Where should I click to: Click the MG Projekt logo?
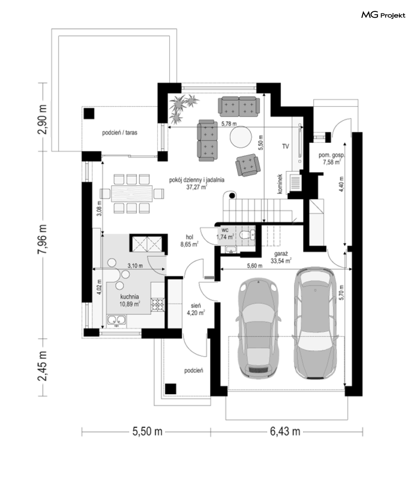click(383, 15)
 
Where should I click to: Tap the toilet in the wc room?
click(245, 235)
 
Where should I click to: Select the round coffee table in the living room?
click(241, 137)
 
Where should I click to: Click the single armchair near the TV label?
click(248, 165)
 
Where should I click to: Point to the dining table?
click(132, 193)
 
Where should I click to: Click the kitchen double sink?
click(116, 320)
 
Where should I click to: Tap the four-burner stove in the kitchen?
click(157, 305)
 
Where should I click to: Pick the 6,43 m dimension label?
click(285, 431)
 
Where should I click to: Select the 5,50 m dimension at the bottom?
click(147, 431)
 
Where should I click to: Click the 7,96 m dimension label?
click(43, 239)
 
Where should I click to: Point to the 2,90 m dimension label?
click(43, 120)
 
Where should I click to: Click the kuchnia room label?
click(130, 300)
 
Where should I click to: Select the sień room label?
click(196, 309)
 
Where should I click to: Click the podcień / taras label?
click(120, 133)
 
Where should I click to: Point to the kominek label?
click(280, 184)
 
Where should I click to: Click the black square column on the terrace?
click(89, 114)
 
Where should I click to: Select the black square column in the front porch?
click(171, 389)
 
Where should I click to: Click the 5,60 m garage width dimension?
click(255, 266)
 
